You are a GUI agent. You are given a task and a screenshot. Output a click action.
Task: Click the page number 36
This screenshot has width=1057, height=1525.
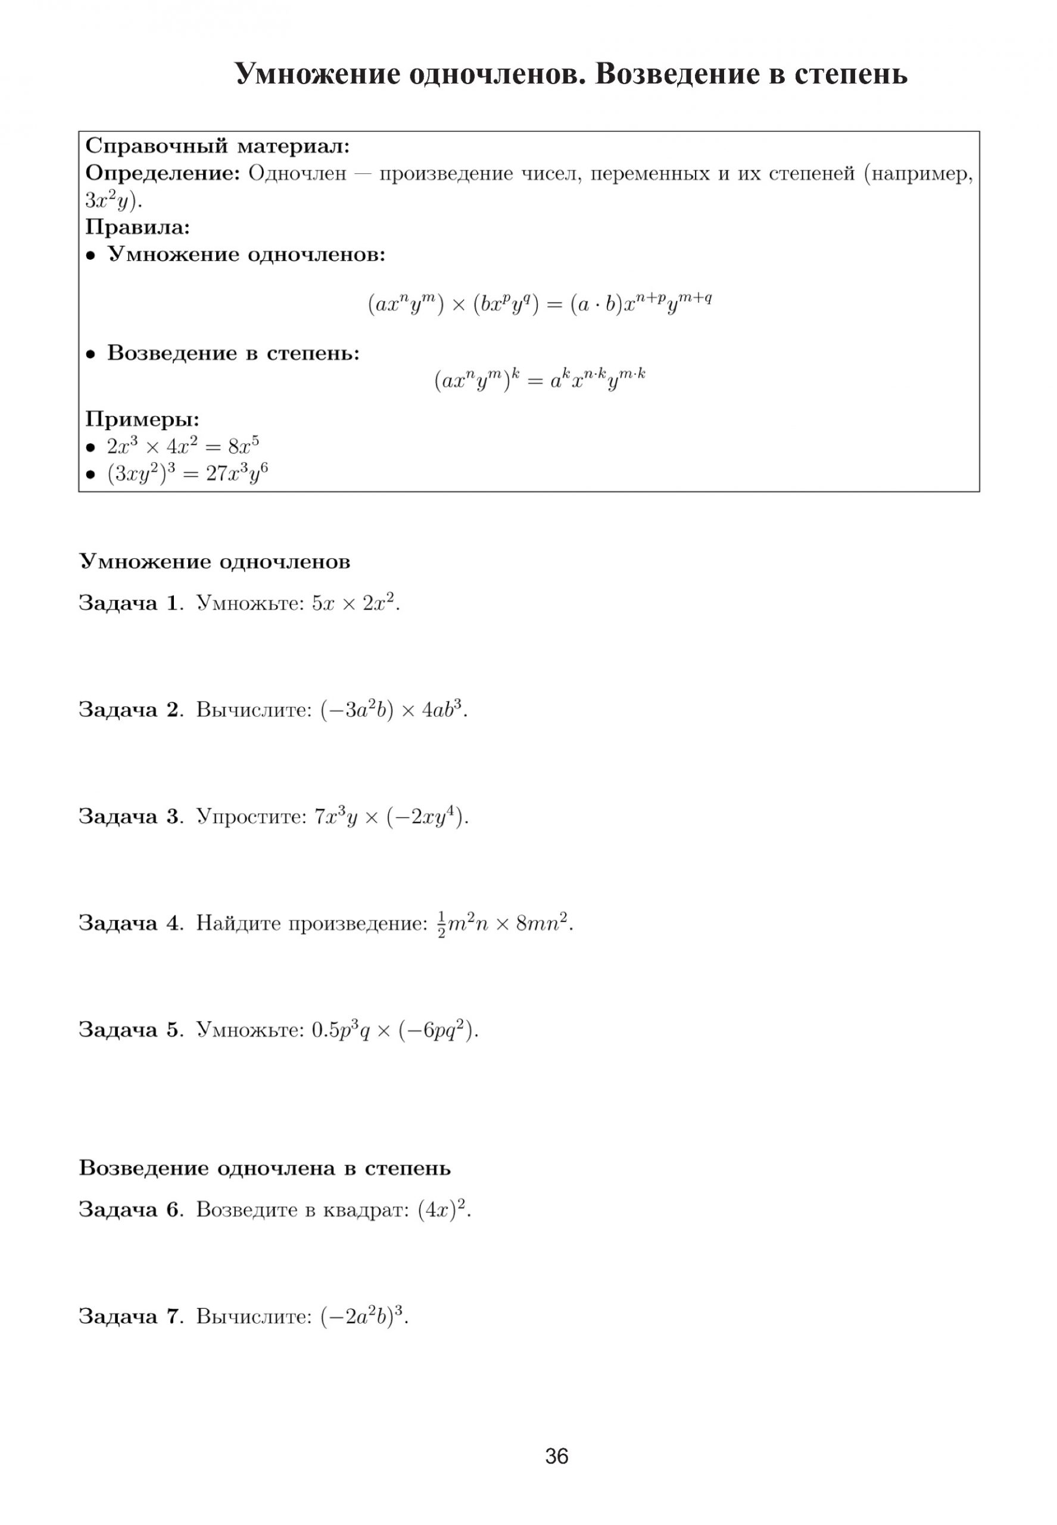(556, 1456)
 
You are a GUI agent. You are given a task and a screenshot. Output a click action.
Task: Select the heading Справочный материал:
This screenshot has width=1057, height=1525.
(217, 146)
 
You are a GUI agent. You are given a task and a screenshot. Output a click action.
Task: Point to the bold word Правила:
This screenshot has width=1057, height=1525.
(138, 227)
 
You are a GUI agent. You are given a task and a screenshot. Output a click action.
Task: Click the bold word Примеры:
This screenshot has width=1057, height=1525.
(142, 419)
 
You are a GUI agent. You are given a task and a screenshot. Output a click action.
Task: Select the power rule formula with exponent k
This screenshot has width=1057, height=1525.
(540, 380)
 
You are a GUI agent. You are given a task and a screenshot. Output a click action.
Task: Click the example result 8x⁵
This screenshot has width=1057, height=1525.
(243, 446)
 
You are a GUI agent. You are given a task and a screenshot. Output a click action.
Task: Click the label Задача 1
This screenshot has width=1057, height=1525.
(129, 603)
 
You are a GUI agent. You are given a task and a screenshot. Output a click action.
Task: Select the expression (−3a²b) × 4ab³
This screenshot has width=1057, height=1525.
(394, 710)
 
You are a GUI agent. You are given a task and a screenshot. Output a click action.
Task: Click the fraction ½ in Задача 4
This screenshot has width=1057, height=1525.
(442, 924)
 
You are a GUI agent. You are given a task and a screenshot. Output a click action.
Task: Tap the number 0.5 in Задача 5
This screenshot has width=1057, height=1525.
(325, 1030)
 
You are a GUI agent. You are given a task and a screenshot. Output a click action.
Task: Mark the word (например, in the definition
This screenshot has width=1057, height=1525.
(919, 174)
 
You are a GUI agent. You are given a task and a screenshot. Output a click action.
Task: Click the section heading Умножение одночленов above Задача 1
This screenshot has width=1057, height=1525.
(214, 562)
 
